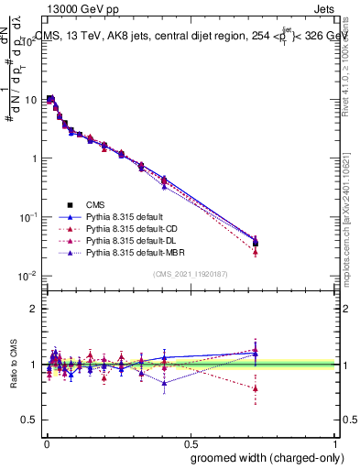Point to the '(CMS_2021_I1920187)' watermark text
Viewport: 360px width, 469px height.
coord(190,274)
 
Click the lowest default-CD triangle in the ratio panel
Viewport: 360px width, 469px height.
coord(255,388)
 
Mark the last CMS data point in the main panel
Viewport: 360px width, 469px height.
coord(255,243)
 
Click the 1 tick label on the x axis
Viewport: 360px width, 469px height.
coord(336,442)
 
